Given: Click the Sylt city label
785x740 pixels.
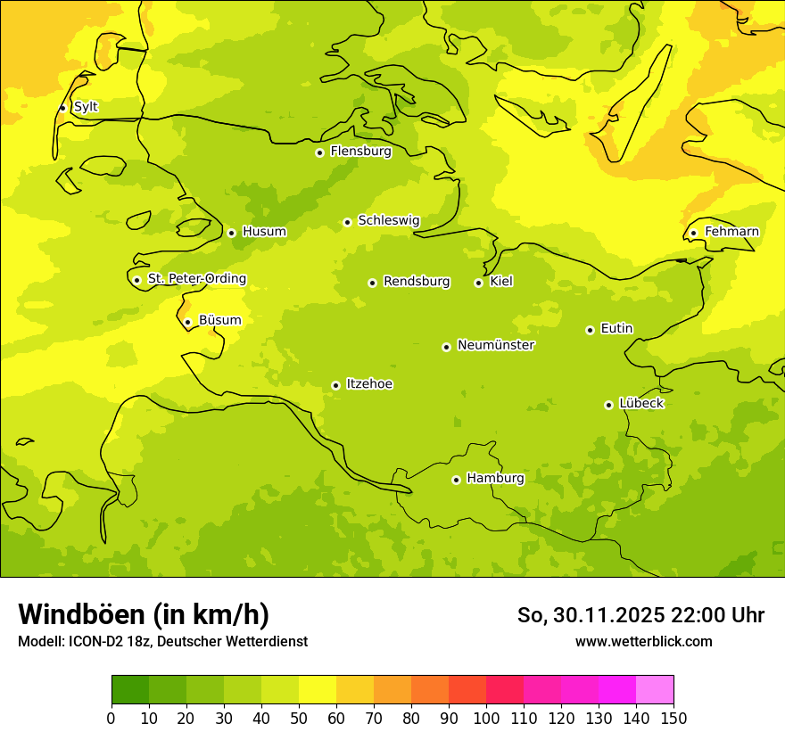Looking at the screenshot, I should pyautogui.click(x=86, y=107).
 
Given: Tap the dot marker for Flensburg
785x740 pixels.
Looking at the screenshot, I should pyautogui.click(x=319, y=152).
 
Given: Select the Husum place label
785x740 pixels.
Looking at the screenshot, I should pyautogui.click(x=264, y=232).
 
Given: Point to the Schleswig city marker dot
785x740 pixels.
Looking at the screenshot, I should pyautogui.click(x=347, y=222).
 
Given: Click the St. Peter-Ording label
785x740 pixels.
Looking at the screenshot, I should pyautogui.click(x=196, y=279).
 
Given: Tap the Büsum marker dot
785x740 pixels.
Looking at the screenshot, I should pyautogui.click(x=187, y=322).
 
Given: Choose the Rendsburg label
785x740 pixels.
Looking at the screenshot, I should pyautogui.click(x=417, y=282).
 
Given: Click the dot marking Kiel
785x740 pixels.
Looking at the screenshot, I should pyautogui.click(x=478, y=283).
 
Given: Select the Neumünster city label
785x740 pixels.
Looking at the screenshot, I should pyautogui.click(x=496, y=345).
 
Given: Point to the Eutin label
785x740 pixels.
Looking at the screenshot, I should pyautogui.click(x=616, y=329).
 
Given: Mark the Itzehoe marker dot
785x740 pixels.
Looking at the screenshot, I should pyautogui.click(x=335, y=385).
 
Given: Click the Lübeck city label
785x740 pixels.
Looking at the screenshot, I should pyautogui.click(x=641, y=404).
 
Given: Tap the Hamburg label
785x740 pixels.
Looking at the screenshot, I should pyautogui.click(x=495, y=479).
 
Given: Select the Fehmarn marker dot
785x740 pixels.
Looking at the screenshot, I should pyautogui.click(x=693, y=233).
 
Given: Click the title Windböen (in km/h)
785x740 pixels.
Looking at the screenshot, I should pyautogui.click(x=144, y=614).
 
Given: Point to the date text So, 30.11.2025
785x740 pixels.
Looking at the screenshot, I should pyautogui.click(x=591, y=615).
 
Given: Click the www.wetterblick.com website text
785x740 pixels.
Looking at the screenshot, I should pyautogui.click(x=643, y=642).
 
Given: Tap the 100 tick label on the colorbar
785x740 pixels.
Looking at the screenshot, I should pyautogui.click(x=486, y=719).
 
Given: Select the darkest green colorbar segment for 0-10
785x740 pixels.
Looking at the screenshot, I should pyautogui.click(x=130, y=690).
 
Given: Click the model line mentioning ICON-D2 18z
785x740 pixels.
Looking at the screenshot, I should pyautogui.click(x=162, y=642).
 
